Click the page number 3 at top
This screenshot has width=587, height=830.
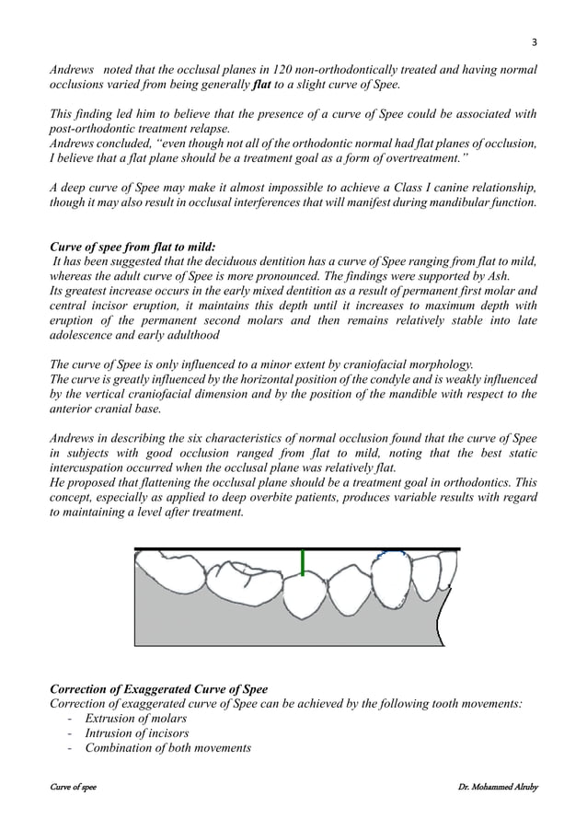[533, 42]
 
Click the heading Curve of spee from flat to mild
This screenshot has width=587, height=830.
[132, 247]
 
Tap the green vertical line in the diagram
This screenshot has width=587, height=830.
[302, 562]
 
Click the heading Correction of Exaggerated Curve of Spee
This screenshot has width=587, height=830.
[157, 689]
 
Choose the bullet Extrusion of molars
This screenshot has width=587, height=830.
[136, 718]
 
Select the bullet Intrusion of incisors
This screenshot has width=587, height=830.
[138, 732]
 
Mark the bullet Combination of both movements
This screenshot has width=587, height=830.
[167, 748]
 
